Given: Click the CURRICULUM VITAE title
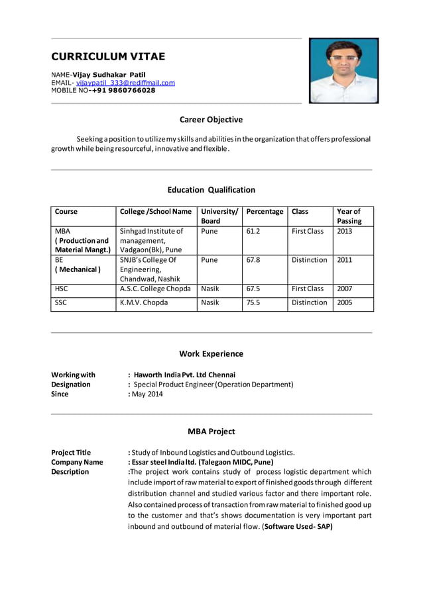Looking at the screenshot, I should click(108, 56).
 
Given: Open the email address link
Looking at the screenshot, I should click(125, 83).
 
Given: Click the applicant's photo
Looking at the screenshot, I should click(343, 70).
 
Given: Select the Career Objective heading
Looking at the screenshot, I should click(211, 120).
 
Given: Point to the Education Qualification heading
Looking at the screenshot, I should click(211, 190).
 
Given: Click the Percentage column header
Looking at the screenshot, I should click(265, 212).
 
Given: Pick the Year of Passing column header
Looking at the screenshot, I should click(349, 216).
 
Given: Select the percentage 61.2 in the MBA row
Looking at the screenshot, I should click(253, 231).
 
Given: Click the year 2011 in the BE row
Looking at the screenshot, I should click(345, 260).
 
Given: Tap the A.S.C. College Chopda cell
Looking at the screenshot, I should click(155, 289).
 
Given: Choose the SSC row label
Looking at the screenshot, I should click(62, 302).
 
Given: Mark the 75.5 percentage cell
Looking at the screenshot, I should click(253, 302).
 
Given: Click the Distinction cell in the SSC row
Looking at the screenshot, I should click(309, 302).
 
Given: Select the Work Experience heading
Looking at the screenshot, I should click(211, 354).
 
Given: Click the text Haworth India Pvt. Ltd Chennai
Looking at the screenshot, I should click(184, 375).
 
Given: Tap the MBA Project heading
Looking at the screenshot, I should click(211, 432).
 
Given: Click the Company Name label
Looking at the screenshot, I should click(77, 462).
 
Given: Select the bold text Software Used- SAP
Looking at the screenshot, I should click(298, 527).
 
